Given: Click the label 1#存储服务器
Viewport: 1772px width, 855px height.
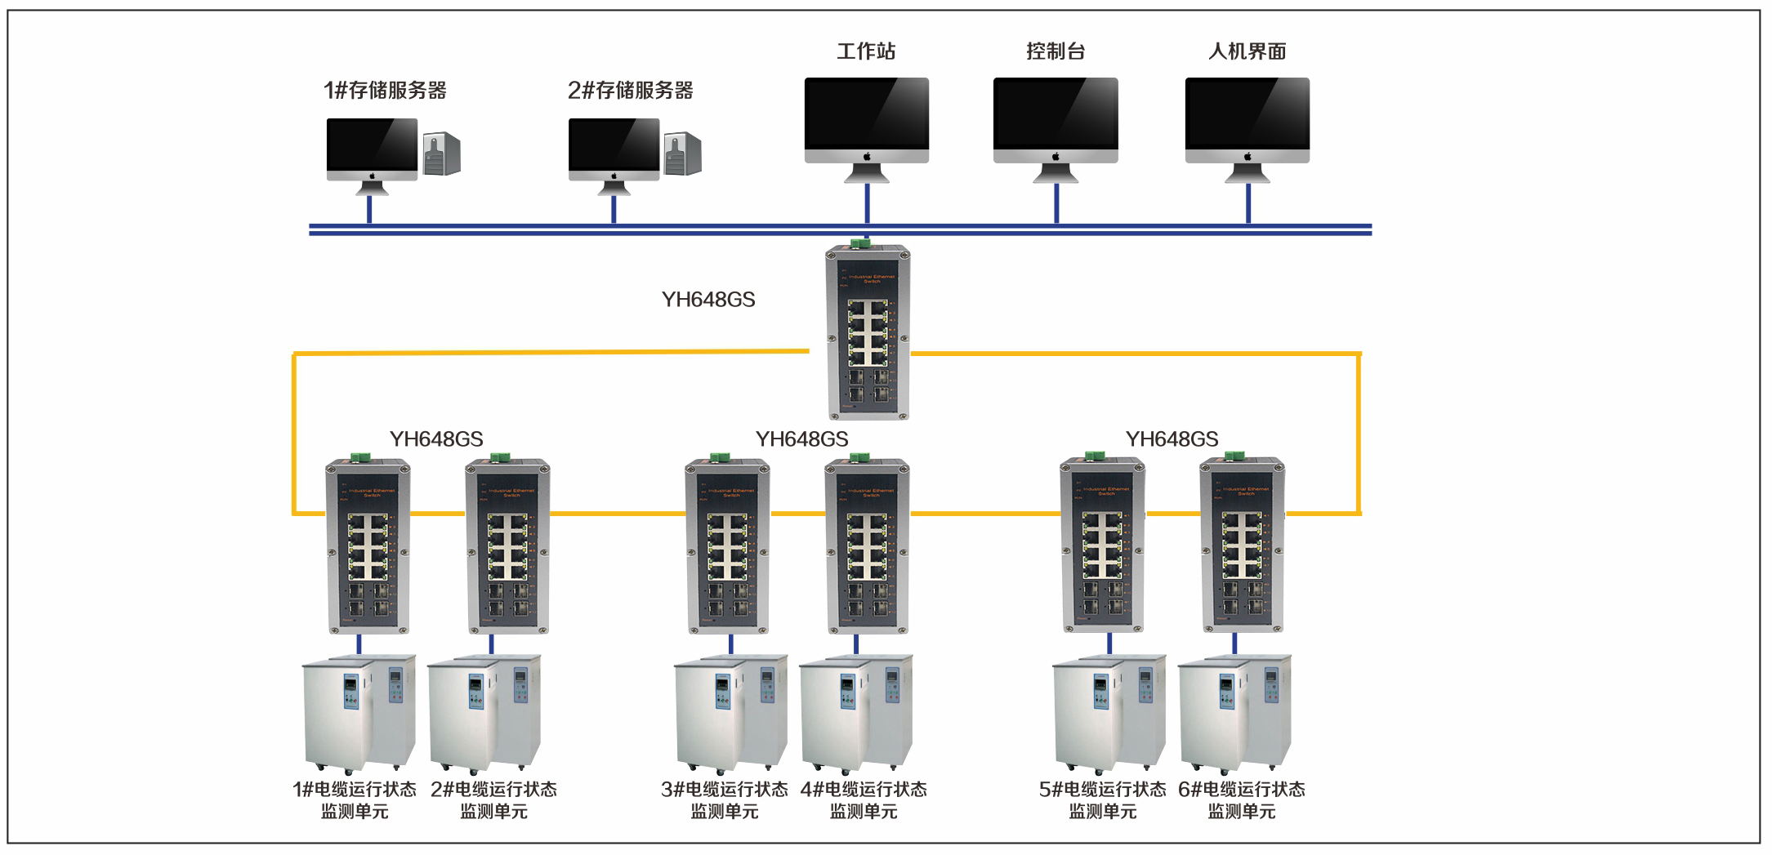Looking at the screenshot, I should pyautogui.click(x=385, y=91).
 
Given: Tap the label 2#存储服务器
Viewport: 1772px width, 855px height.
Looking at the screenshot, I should pyautogui.click(x=630, y=91).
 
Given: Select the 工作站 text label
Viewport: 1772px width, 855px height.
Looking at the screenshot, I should pyautogui.click(x=866, y=51).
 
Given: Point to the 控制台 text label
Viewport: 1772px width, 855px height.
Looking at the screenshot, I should pyautogui.click(x=1056, y=51).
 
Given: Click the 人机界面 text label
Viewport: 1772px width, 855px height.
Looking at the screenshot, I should pyautogui.click(x=1247, y=51).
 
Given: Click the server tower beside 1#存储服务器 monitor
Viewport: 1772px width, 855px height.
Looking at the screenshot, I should pyautogui.click(x=442, y=154).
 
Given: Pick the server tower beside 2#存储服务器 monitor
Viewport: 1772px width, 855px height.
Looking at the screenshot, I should pyautogui.click(x=683, y=154).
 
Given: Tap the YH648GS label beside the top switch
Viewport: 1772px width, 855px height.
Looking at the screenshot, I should pyautogui.click(x=708, y=300).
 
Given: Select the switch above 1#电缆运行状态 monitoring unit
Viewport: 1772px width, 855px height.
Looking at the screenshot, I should pyautogui.click(x=368, y=547).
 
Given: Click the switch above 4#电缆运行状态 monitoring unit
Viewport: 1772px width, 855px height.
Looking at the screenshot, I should pyautogui.click(x=867, y=547).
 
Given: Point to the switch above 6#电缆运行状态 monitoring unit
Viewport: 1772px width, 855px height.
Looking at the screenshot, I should pyautogui.click(x=1242, y=547).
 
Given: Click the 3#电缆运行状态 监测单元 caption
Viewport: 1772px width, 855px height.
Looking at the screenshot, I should pyautogui.click(x=725, y=800).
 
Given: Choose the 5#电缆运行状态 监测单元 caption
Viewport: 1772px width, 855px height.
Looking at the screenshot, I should pyautogui.click(x=1102, y=800).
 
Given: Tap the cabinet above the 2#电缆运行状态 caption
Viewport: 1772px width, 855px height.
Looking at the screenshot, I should pyautogui.click(x=484, y=712).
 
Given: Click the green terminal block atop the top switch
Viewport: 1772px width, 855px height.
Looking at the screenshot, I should pyautogui.click(x=859, y=243).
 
